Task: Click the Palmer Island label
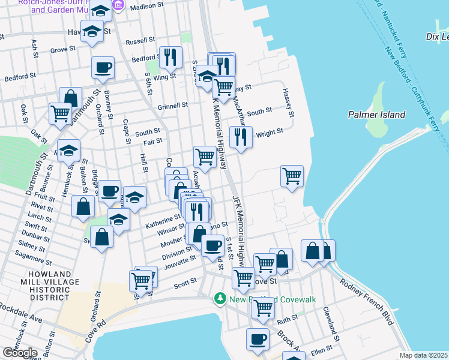click(376, 114)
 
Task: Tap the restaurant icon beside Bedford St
click(170, 58)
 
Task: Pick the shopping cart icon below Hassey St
click(292, 176)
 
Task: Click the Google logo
click(20, 353)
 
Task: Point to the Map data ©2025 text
click(424, 355)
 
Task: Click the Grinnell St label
click(173, 105)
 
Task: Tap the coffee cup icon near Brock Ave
click(258, 338)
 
